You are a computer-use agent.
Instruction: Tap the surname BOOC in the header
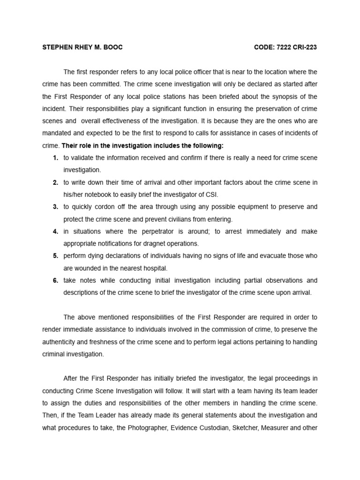pyautogui.click(x=112, y=47)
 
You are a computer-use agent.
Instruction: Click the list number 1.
pyautogui.click(x=55, y=158)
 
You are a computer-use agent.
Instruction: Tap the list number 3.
pyautogui.click(x=55, y=207)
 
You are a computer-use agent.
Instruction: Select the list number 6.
pyautogui.click(x=55, y=280)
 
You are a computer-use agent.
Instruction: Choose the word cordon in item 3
pyautogui.click(x=104, y=207)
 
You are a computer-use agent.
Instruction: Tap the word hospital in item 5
pyautogui.click(x=155, y=268)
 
